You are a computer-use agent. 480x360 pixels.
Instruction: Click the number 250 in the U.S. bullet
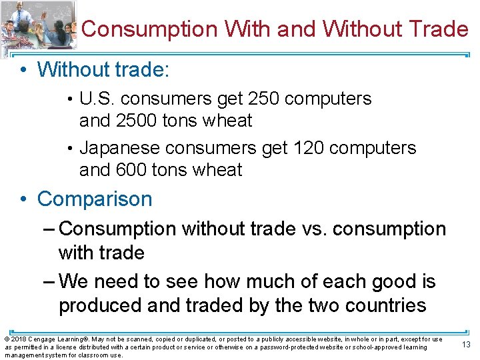tap(264, 99)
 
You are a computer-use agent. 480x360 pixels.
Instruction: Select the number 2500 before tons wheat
tap(137, 121)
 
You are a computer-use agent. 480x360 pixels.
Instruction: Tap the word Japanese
tap(119, 147)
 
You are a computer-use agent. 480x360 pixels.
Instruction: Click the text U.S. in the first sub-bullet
tap(97, 99)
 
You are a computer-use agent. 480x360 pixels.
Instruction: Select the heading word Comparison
tap(95, 199)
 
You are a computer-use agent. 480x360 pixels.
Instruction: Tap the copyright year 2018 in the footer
tap(18, 339)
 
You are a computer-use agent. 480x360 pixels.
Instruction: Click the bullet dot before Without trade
tap(23, 69)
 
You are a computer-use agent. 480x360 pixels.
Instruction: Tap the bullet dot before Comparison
tap(23, 199)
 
